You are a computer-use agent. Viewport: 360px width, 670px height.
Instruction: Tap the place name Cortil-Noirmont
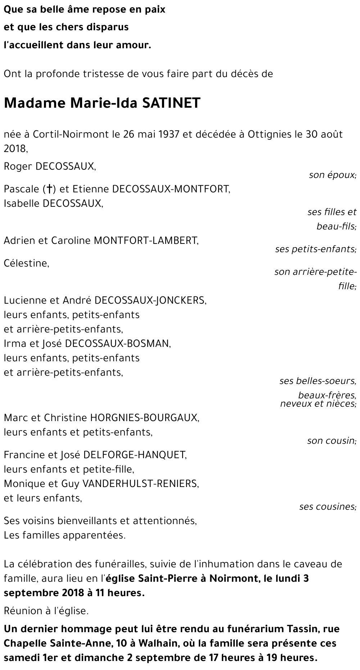pos(71,134)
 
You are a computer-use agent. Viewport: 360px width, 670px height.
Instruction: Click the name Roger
pos(18,166)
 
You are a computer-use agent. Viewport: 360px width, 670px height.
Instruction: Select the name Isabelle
pos(22,203)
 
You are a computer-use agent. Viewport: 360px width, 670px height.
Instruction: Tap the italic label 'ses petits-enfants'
pos(315,249)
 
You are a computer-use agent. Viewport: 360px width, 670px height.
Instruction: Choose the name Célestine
pos(26,263)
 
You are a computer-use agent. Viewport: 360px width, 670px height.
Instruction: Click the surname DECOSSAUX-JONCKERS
pos(150,300)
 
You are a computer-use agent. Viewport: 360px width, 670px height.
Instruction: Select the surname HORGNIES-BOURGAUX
pos(144,418)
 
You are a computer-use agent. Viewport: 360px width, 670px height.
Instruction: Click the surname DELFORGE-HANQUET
pos(135,455)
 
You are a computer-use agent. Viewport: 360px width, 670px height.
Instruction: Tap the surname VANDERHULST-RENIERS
pos(140,483)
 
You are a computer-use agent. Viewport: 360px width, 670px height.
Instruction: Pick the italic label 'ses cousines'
pos(327,507)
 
